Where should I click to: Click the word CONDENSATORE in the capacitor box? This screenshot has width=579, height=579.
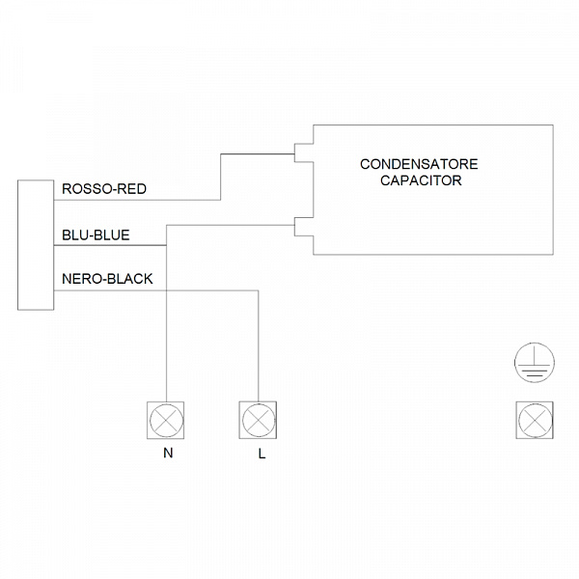(419, 164)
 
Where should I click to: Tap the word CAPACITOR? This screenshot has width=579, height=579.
(421, 180)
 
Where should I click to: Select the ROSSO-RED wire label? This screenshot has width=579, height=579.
(104, 189)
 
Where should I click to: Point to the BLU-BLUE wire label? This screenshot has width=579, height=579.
(96, 235)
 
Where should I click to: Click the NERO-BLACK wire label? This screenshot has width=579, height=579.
(107, 279)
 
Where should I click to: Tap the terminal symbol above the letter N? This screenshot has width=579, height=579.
(166, 420)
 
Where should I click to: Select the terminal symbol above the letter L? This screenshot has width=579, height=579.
(258, 420)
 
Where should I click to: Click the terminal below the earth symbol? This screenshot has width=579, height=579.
(535, 420)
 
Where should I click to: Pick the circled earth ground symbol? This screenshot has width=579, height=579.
(535, 362)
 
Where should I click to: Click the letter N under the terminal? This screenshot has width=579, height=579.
(168, 454)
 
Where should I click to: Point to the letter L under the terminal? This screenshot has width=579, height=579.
(262, 454)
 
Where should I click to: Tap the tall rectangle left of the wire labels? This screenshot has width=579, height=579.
(36, 245)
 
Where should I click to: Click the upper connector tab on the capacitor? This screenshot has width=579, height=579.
(304, 152)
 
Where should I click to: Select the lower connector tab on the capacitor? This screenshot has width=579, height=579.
(304, 227)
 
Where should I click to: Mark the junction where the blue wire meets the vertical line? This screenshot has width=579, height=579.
(166, 245)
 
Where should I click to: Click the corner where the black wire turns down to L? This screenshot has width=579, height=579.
(258, 290)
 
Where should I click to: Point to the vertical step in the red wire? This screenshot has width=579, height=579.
(221, 177)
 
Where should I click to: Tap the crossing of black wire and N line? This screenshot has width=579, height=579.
(166, 290)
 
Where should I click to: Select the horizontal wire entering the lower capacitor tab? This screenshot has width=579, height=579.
(231, 225)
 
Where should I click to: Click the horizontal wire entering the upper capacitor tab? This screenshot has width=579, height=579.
(258, 154)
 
